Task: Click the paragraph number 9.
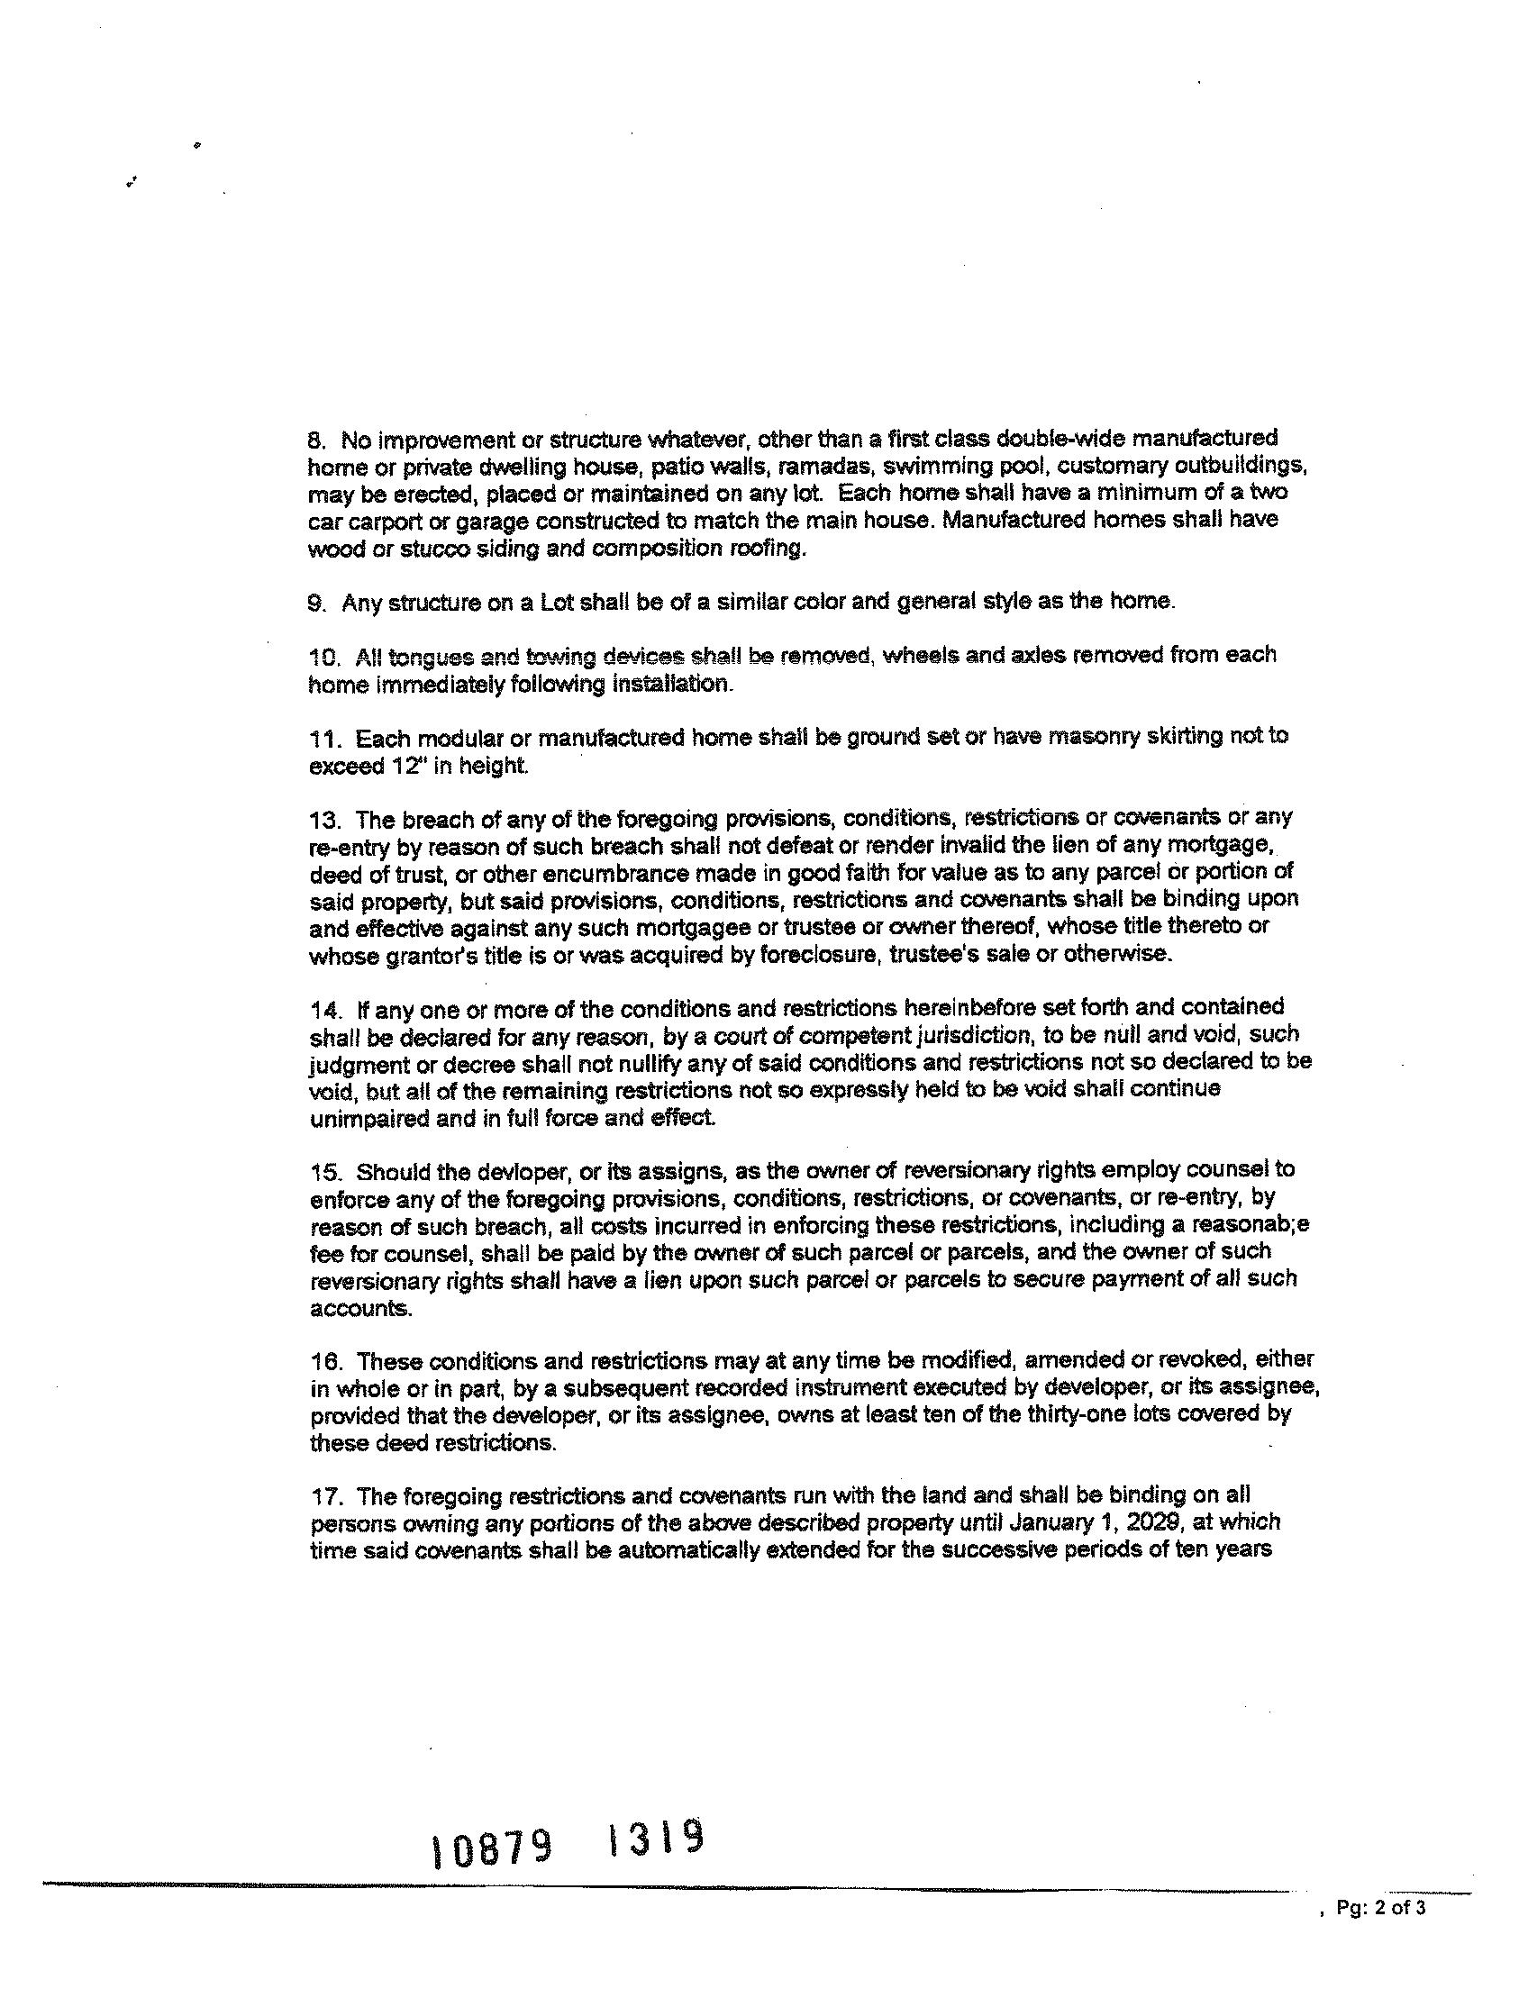pos(315,604)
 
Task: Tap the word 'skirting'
pos(1179,737)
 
